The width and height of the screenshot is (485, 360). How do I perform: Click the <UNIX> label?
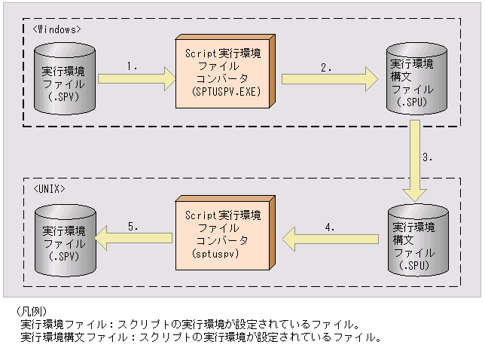tap(50, 188)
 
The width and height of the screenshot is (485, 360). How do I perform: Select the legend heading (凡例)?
tap(31, 311)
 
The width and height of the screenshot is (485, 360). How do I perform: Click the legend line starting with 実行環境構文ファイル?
tap(200, 337)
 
